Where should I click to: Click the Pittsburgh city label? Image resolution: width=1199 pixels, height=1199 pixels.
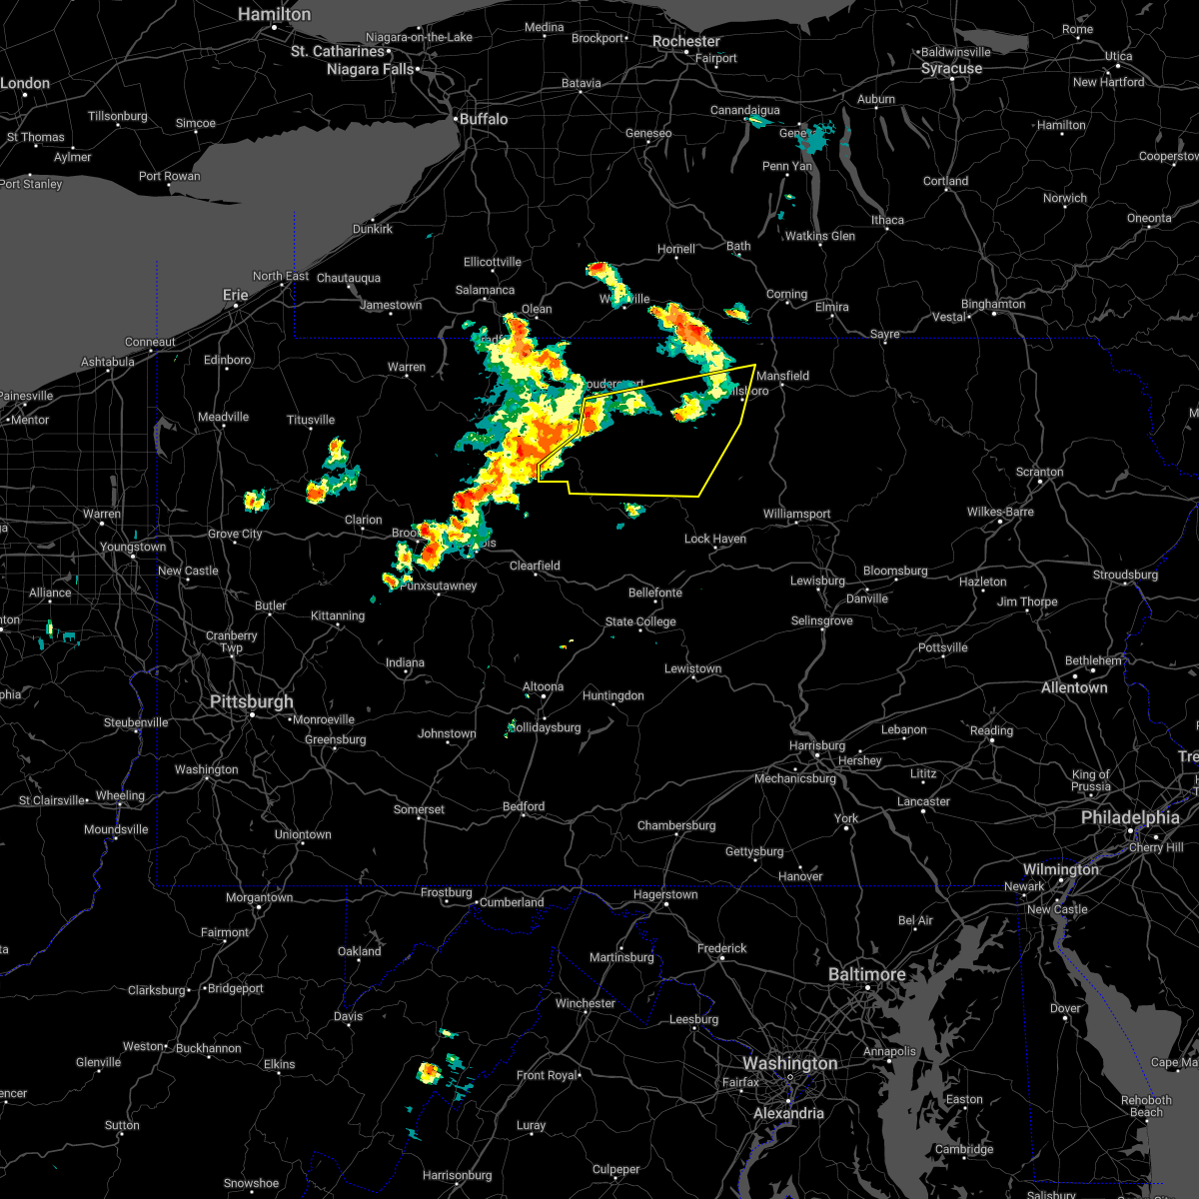pyautogui.click(x=252, y=701)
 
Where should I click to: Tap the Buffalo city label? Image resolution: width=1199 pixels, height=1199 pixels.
pyautogui.click(x=484, y=119)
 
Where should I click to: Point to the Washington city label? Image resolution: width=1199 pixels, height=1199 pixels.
pyautogui.click(x=789, y=1063)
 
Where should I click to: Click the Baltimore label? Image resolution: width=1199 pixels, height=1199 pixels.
pyautogui.click(x=866, y=973)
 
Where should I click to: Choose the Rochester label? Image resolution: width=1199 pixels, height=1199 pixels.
pyautogui.click(x=686, y=41)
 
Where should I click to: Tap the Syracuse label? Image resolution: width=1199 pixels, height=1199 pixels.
pyautogui.click(x=951, y=68)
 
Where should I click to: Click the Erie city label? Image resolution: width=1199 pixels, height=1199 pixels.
pyautogui.click(x=235, y=295)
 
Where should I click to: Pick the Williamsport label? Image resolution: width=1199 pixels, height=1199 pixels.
pyautogui.click(x=796, y=514)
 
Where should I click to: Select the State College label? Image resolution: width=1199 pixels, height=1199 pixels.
pyautogui.click(x=640, y=621)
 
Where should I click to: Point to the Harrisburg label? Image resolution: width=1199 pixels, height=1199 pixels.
pyautogui.click(x=816, y=745)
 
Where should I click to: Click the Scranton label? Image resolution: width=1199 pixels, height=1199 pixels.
pyautogui.click(x=1039, y=472)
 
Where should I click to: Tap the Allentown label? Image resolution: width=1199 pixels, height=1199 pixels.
pyautogui.click(x=1074, y=687)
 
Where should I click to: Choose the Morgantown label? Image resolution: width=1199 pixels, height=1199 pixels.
pyautogui.click(x=260, y=897)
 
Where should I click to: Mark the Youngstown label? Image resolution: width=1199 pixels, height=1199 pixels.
pyautogui.click(x=133, y=547)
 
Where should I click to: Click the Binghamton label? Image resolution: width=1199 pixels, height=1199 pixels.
pyautogui.click(x=993, y=304)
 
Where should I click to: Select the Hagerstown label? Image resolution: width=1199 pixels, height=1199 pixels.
pyautogui.click(x=665, y=894)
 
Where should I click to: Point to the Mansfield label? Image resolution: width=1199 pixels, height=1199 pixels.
pyautogui.click(x=782, y=376)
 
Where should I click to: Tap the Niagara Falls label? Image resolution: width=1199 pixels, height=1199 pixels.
pyautogui.click(x=370, y=69)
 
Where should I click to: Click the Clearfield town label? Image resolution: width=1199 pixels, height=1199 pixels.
pyautogui.click(x=535, y=566)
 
